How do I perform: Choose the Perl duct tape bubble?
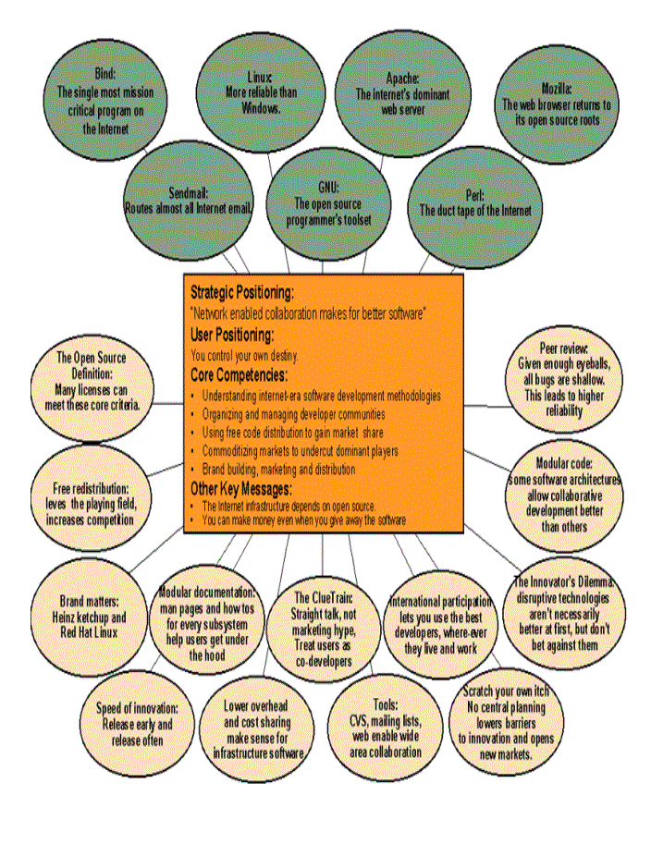pyautogui.click(x=474, y=203)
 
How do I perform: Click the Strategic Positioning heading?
pyautogui.click(x=241, y=293)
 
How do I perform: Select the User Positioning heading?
pyautogui.click(x=232, y=334)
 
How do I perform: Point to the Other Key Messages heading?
pyautogui.click(x=240, y=488)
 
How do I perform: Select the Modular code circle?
pyautogui.click(x=564, y=494)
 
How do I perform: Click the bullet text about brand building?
pyautogui.click(x=277, y=470)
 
